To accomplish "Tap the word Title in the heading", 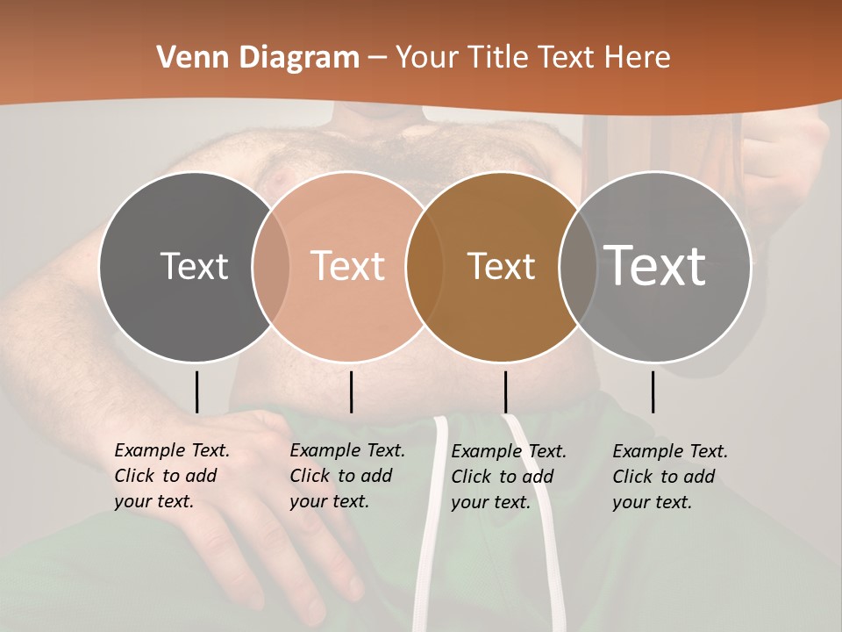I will coord(497,58).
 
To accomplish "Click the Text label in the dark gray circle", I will coord(194,266).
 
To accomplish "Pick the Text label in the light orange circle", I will coord(348,266).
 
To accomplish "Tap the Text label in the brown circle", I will coord(501,266).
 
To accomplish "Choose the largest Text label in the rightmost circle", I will coord(655,266).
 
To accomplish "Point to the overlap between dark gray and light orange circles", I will coord(271,267).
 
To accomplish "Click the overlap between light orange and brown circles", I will coord(425,267).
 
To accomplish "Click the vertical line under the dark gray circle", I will coord(196,391).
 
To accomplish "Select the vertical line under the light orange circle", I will coord(351,391).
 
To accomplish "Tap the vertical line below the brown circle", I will coord(505,391).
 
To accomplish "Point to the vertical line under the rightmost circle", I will coord(653,391).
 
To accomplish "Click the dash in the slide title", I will coord(378,58).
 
